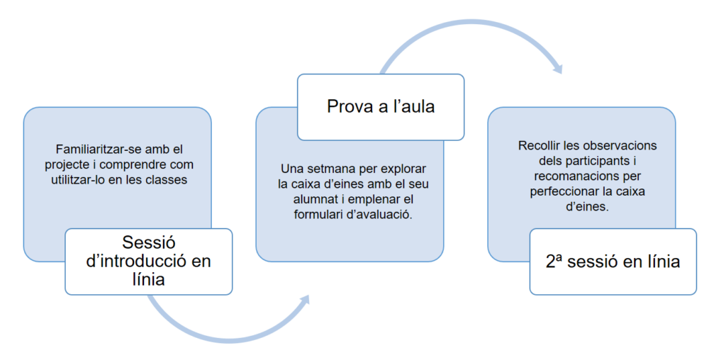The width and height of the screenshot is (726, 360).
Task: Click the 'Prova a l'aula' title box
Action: click(x=381, y=107)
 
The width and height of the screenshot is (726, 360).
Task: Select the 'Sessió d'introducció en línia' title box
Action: click(x=148, y=261)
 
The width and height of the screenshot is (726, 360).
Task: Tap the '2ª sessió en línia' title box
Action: click(x=613, y=261)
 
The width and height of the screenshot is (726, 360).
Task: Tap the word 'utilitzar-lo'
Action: click(x=81, y=179)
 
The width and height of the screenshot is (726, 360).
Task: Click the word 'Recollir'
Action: click(x=539, y=145)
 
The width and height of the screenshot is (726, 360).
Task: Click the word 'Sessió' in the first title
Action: click(x=148, y=243)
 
